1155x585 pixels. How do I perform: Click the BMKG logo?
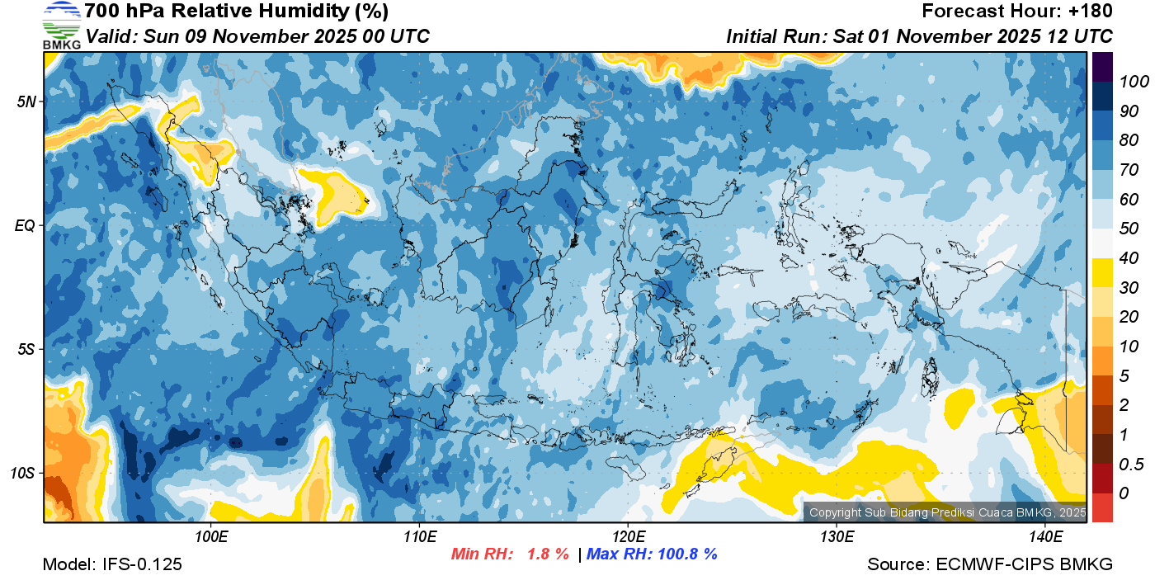click(61, 25)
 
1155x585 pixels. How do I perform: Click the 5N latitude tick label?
click(26, 101)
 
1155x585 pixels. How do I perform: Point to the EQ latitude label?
click(26, 225)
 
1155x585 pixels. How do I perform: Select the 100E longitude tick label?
click(211, 537)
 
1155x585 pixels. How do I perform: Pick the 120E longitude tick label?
click(628, 537)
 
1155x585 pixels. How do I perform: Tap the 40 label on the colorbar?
click(1127, 257)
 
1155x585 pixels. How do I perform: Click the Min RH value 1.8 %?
click(548, 554)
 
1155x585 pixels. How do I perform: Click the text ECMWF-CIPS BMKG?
click(1024, 564)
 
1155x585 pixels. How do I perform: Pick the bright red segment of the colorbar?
click(1103, 507)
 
